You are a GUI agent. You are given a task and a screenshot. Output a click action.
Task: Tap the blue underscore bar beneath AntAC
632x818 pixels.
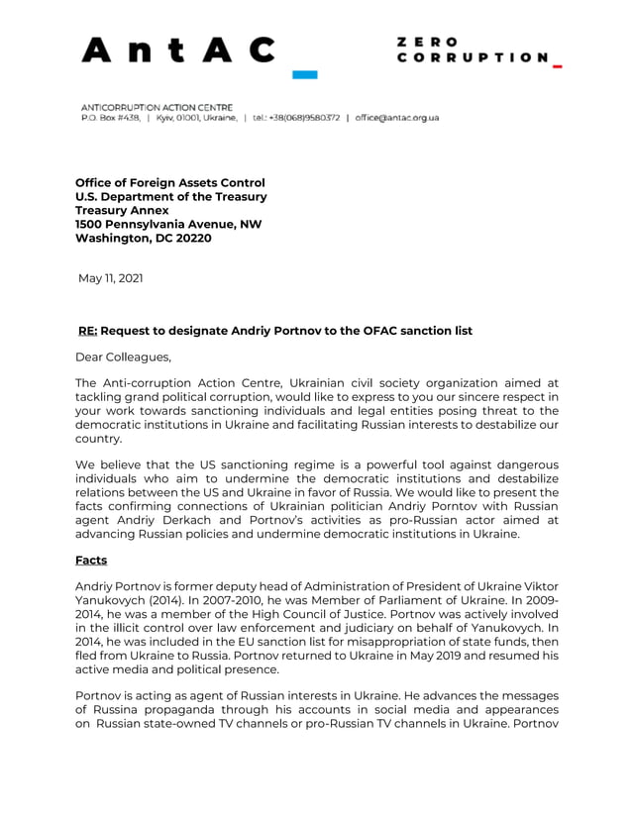pyautogui.click(x=304, y=74)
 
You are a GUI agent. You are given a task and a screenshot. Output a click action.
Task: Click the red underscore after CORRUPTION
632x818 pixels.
pyautogui.click(x=557, y=66)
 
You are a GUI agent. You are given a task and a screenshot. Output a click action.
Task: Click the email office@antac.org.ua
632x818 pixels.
pyautogui.click(x=396, y=117)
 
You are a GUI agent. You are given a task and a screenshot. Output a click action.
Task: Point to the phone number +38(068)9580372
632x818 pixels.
pyautogui.click(x=296, y=117)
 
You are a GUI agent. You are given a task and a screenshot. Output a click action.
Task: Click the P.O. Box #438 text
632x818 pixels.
pyautogui.click(x=110, y=117)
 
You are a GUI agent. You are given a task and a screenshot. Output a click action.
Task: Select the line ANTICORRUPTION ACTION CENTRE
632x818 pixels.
pyautogui.click(x=157, y=107)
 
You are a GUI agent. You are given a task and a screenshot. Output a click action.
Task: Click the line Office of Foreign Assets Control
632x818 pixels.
pyautogui.click(x=170, y=182)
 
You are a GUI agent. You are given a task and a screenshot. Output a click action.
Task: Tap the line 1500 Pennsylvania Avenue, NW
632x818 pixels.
pyautogui.click(x=168, y=224)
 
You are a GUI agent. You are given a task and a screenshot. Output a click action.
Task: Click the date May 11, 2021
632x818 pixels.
pyautogui.click(x=110, y=278)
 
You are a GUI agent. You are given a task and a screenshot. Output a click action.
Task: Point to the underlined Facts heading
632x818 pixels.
pyautogui.click(x=91, y=560)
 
